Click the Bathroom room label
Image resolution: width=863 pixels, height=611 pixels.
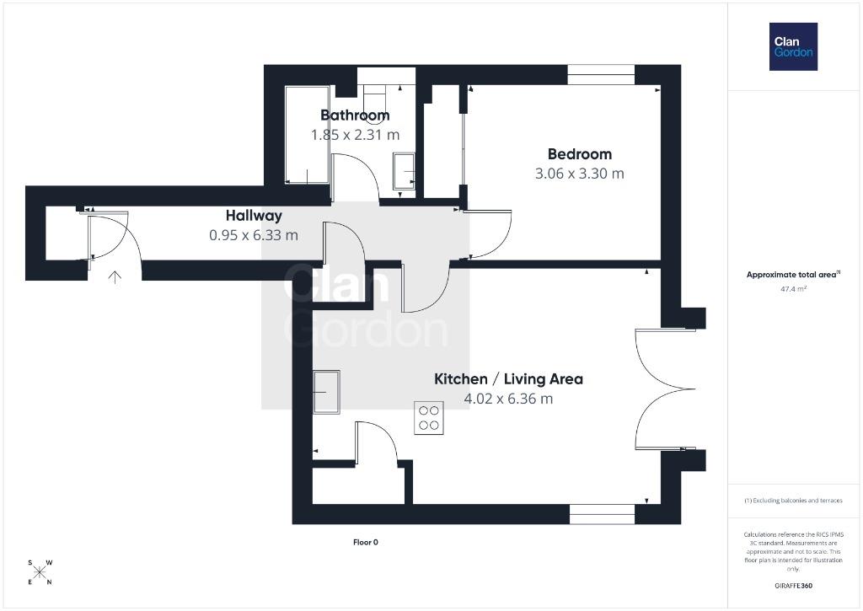click(355, 115)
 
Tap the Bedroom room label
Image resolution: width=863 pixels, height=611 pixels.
click(580, 154)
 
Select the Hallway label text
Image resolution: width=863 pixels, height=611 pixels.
click(254, 216)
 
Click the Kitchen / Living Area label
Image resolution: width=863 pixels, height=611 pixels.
click(508, 378)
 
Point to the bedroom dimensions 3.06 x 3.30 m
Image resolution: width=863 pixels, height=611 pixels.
click(580, 174)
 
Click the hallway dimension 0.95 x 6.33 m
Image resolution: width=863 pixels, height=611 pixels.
click(254, 235)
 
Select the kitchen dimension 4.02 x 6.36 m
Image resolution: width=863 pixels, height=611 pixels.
click(508, 399)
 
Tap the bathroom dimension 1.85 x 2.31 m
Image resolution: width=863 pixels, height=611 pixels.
click(355, 135)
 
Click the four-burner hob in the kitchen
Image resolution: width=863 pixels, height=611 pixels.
click(429, 418)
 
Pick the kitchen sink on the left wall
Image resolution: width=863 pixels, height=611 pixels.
click(326, 392)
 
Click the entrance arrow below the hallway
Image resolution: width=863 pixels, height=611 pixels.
click(115, 277)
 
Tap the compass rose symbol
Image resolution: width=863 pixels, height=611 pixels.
click(40, 572)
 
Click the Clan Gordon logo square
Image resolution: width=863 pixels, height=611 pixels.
click(793, 47)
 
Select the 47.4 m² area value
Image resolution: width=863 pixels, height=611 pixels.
click(793, 289)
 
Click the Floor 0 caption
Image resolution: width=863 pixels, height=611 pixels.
click(366, 542)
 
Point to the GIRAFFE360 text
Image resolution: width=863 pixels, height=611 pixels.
click(793, 586)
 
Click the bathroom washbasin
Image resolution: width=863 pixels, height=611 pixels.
click(404, 171)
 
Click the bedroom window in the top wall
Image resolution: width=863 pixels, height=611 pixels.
click(601, 75)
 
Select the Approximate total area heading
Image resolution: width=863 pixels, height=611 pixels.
click(793, 274)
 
